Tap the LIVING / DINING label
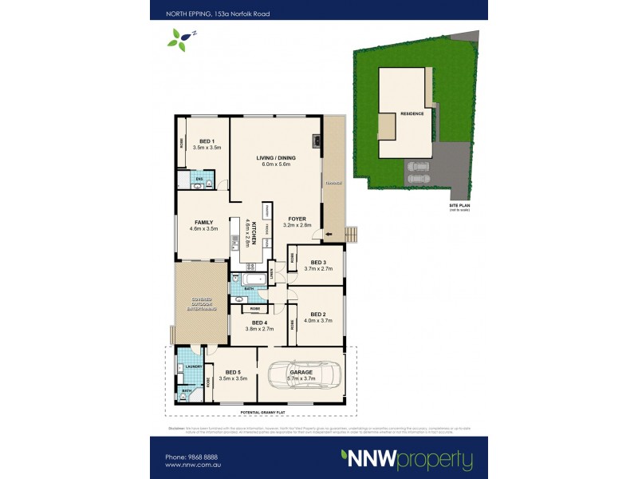coord(276,158)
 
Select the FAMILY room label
coord(203,223)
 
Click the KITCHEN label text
coord(250,232)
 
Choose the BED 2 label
coord(319,314)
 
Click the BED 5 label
coord(234,372)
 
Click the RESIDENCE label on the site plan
coord(412,114)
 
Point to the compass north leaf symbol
coord(183,38)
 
